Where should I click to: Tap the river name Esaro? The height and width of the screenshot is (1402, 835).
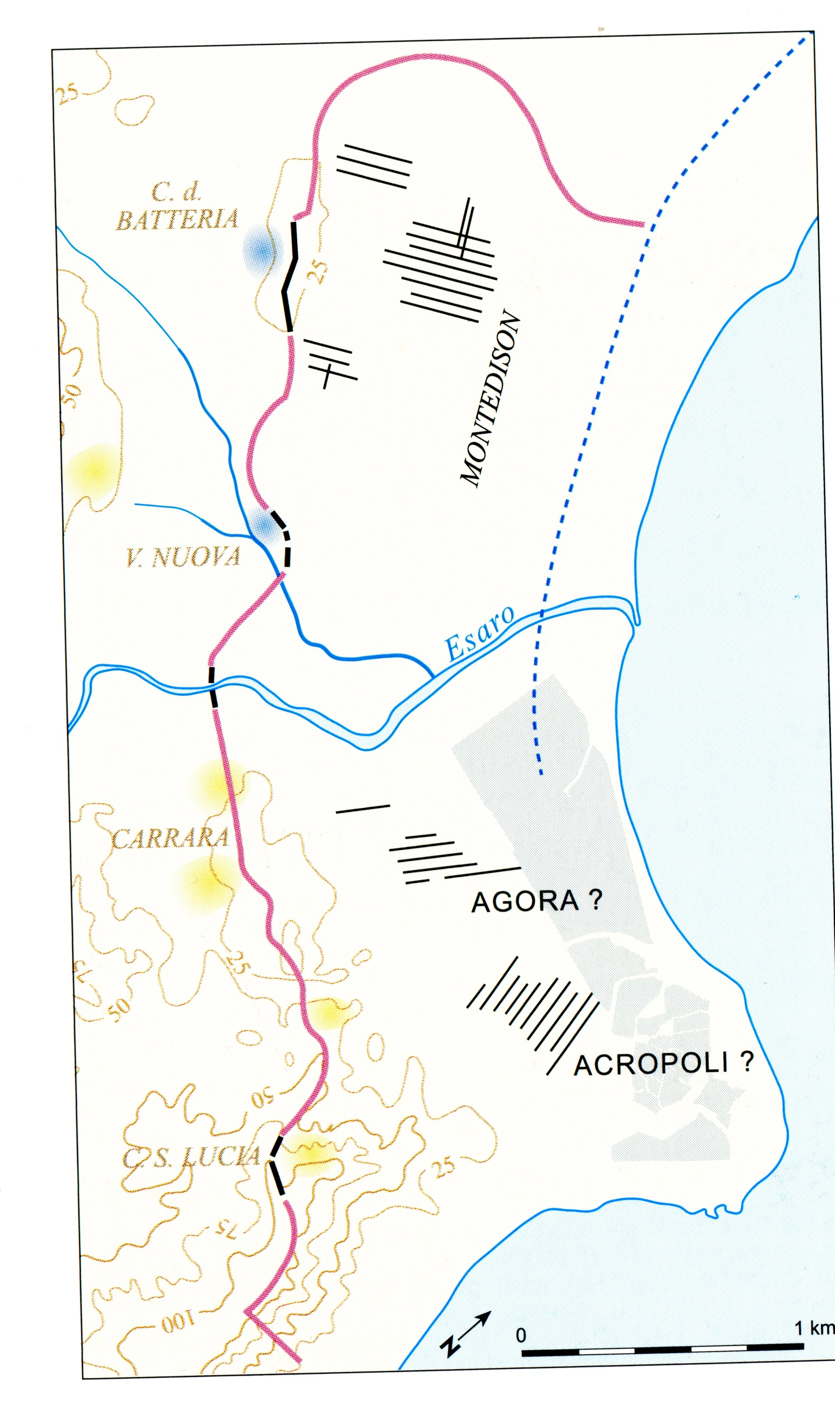(480, 633)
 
